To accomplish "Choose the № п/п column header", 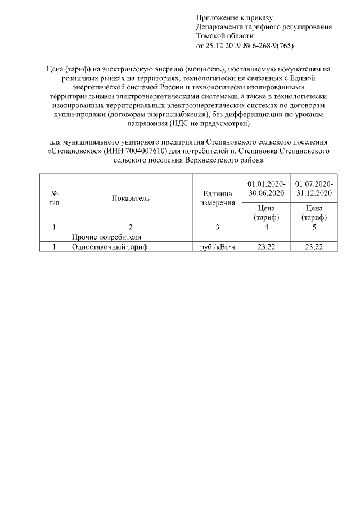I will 54,198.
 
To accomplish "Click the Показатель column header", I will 130,198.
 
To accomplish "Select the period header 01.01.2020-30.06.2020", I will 267,188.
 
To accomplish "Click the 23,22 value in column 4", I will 267,247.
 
